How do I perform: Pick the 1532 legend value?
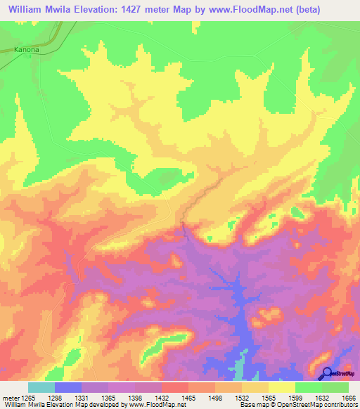pos(241,398)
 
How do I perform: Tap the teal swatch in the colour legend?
pos(41,387)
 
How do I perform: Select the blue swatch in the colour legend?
pos(68,387)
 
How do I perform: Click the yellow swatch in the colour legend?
pos(282,387)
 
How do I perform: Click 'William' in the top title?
pos(27,10)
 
